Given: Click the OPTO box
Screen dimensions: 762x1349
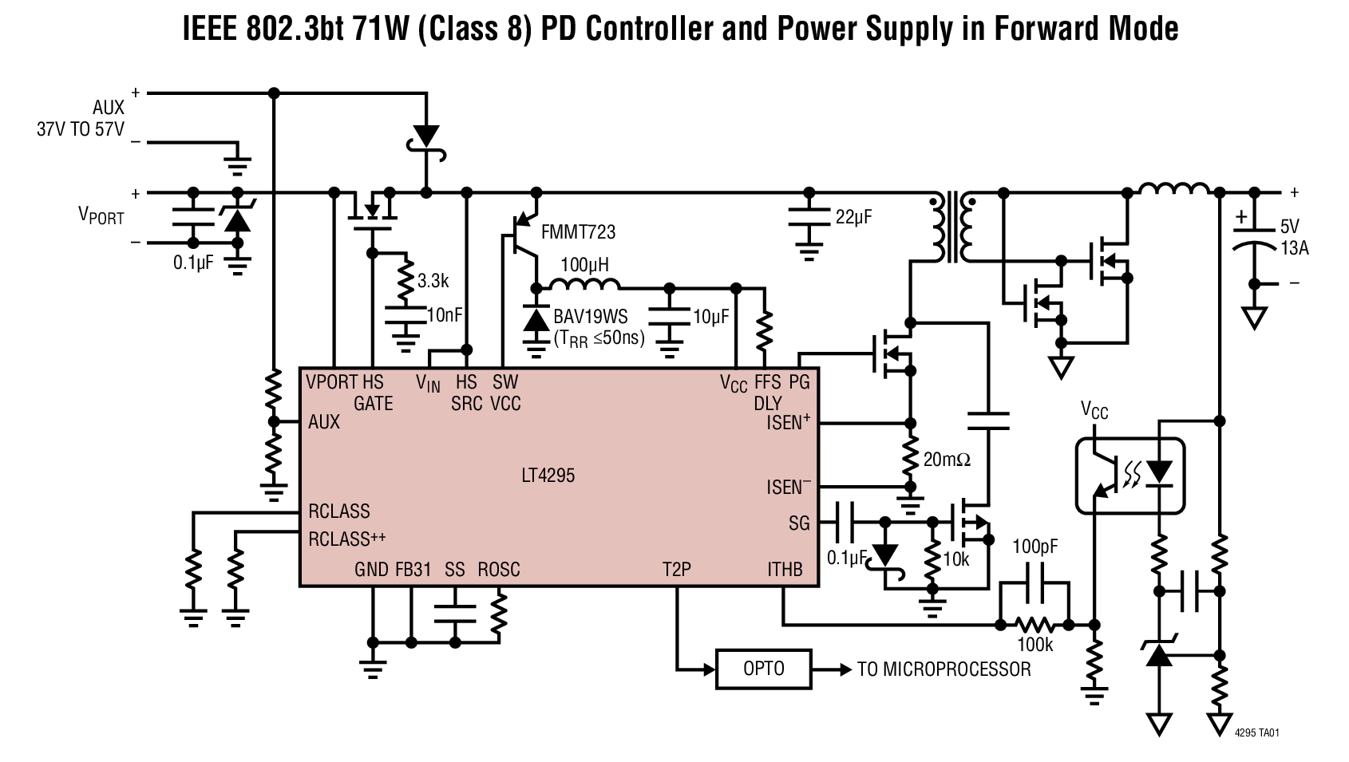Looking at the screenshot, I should [x=763, y=669].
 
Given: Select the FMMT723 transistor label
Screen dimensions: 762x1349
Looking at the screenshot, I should [x=578, y=232].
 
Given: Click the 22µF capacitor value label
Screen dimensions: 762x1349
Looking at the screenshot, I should [x=853, y=216].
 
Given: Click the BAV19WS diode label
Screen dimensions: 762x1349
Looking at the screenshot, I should [x=591, y=318].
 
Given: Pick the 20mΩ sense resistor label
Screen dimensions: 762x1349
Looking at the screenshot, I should [x=946, y=460].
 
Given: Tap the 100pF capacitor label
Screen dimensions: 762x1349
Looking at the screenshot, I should [x=1035, y=547].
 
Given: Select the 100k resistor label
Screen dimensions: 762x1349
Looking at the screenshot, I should [x=1034, y=645].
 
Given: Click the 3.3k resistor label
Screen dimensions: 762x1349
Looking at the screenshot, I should [x=433, y=281].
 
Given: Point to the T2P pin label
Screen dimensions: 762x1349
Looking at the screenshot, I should [x=676, y=569].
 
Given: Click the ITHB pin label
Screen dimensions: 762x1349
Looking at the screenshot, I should [x=785, y=569].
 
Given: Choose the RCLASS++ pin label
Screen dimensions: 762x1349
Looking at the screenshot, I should [x=346, y=539].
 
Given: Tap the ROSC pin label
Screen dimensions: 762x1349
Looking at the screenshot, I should [x=498, y=569].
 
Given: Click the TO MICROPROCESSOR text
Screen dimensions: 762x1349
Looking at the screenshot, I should [x=944, y=669].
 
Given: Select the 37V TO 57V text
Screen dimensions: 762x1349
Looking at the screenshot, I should [x=80, y=129].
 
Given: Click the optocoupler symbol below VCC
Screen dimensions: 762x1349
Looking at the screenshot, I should [x=1129, y=475].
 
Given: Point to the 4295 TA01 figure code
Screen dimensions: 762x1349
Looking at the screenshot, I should [x=1256, y=732].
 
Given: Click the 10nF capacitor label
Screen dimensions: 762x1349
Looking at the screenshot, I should [x=445, y=315].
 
